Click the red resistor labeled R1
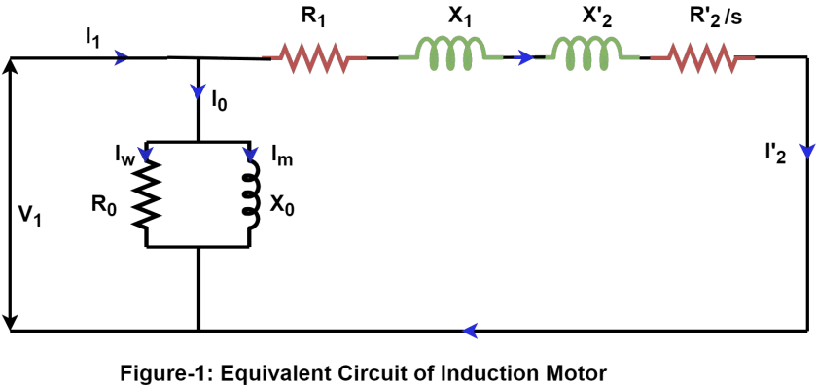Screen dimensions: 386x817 click(x=312, y=58)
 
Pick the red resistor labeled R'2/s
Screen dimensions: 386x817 click(x=703, y=58)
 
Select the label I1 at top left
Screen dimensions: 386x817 click(x=92, y=37)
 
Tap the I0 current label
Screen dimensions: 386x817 click(x=221, y=100)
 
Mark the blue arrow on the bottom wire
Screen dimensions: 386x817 click(x=470, y=331)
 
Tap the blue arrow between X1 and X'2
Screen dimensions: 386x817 click(x=526, y=58)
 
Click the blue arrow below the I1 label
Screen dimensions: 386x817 click(x=122, y=58)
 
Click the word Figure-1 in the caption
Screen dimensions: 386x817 click(x=157, y=372)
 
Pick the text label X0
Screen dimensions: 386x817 click(x=281, y=206)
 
